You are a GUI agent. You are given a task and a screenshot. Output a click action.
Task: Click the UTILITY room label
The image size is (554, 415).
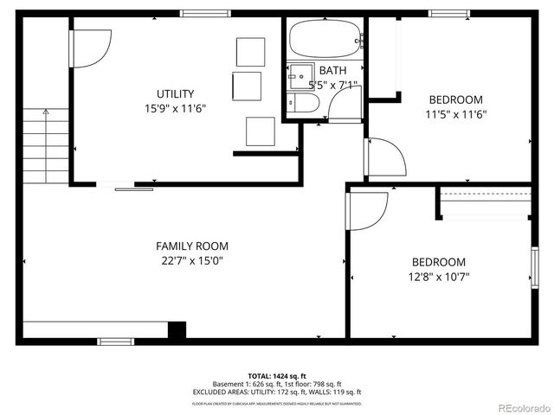tap(175, 93)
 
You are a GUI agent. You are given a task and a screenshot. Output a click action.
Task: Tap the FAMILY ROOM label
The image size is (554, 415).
tap(192, 246)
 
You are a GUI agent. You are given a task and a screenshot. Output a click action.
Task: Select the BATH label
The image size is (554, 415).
tap(332, 70)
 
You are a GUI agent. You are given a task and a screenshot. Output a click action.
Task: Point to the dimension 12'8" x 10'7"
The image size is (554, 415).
tap(438, 277)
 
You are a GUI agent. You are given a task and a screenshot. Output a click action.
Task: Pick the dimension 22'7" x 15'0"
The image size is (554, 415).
tap(192, 260)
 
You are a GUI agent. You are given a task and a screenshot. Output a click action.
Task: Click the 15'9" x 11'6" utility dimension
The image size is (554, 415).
tap(175, 108)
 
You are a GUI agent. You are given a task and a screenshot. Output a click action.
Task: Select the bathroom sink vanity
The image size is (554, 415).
tap(301, 74)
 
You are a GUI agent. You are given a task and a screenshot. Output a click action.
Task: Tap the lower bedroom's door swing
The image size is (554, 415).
tap(368, 210)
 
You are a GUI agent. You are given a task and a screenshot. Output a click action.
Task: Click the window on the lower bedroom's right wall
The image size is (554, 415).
tap(534, 266)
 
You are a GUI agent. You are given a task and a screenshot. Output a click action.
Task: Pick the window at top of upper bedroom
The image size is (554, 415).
tap(448, 13)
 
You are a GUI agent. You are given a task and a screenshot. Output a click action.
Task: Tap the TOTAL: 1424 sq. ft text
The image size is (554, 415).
tap(277, 376)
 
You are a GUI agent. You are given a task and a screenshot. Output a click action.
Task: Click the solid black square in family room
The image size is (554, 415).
tap(177, 329)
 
